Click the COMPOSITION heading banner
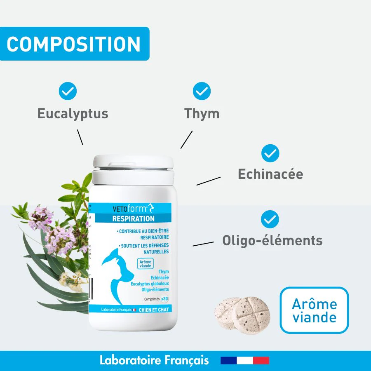(x=74, y=44)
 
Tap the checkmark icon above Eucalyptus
(x=68, y=91)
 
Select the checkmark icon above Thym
(x=202, y=91)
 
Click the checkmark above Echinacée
(x=270, y=153)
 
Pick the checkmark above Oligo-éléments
(x=270, y=219)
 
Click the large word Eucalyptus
(x=73, y=113)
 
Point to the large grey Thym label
(x=202, y=113)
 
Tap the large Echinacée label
(x=270, y=174)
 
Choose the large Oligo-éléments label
(x=272, y=240)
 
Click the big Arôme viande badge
(x=314, y=310)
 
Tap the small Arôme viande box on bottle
(x=145, y=263)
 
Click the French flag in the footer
(x=245, y=360)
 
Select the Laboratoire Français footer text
(x=154, y=360)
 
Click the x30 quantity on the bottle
(x=165, y=298)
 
